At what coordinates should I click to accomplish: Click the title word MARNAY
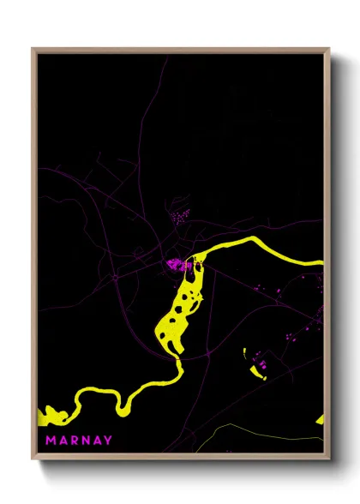[78, 441]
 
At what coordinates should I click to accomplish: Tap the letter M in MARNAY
[50, 441]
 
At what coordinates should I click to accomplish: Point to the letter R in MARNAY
[73, 441]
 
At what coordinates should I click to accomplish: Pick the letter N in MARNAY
[84, 441]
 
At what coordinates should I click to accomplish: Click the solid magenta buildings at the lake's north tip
[177, 264]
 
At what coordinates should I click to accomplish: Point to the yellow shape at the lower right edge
[321, 419]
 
